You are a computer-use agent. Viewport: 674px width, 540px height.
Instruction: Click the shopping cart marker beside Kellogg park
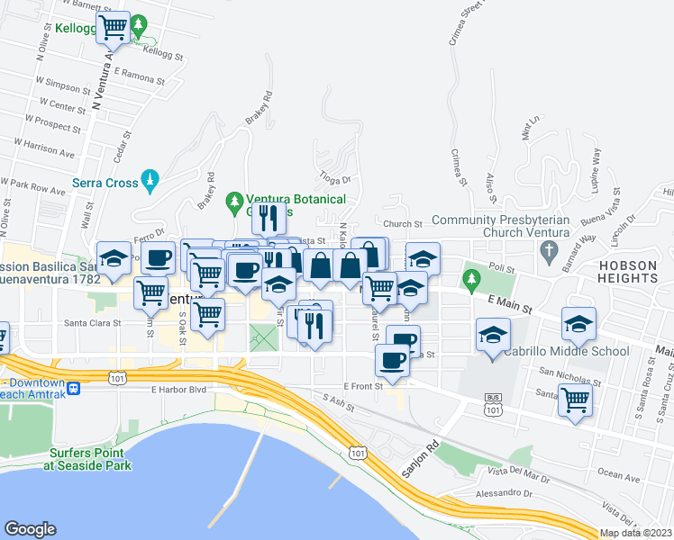[113, 29]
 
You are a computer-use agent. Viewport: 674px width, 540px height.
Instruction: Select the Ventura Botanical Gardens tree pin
[234, 200]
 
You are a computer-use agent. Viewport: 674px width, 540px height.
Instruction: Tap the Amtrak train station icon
[74, 389]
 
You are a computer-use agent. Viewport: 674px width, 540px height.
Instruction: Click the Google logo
[30, 529]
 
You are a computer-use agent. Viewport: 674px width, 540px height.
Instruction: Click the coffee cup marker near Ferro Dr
[159, 258]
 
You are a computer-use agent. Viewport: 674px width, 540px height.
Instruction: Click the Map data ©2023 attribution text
[635, 533]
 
